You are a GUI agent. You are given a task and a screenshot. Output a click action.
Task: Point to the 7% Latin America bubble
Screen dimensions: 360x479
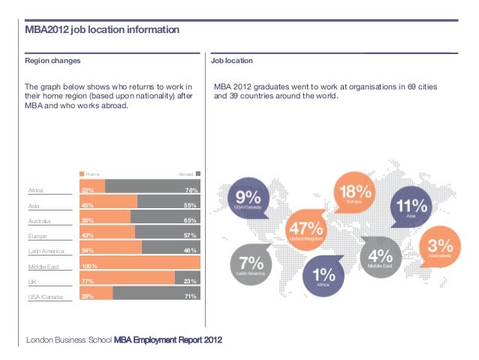251,265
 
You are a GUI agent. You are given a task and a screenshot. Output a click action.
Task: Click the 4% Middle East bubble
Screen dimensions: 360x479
381,256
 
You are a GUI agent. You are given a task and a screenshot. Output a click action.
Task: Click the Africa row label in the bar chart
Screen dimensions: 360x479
35,190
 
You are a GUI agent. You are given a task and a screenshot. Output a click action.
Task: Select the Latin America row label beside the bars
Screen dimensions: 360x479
47,251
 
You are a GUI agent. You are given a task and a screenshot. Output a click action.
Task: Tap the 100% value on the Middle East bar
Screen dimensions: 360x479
89,266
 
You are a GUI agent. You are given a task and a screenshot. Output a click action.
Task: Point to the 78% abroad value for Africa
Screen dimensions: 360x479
191,190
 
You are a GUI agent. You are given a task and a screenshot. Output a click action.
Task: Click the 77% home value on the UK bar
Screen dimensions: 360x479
87,281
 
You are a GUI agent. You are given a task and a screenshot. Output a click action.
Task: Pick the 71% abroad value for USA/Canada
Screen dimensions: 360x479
191,296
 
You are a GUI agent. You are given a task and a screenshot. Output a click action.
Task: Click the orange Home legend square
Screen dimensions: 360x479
82,174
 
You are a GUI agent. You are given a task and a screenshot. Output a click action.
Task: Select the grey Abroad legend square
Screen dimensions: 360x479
197,174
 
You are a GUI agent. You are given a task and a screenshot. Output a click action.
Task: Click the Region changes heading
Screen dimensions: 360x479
53,60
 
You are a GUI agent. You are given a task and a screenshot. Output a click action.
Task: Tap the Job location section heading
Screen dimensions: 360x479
232,60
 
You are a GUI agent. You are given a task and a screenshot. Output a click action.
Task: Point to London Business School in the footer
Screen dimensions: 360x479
69,340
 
